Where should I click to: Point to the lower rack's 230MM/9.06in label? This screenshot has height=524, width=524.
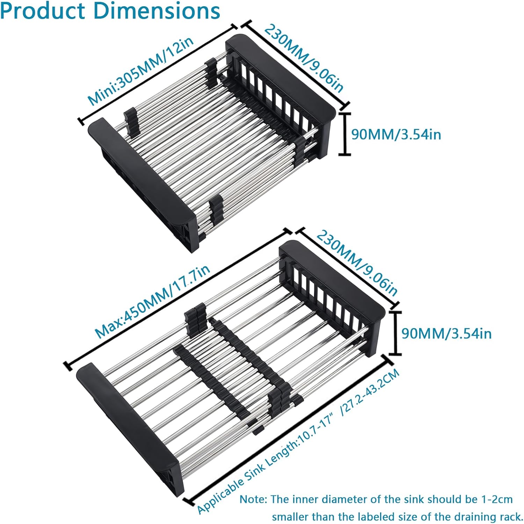pyautogui.click(x=357, y=263)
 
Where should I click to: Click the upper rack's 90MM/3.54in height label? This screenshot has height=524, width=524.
pyautogui.click(x=396, y=135)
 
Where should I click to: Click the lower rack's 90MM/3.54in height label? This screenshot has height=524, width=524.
pyautogui.click(x=446, y=333)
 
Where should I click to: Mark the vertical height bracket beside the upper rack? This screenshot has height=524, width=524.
pyautogui.click(x=345, y=134)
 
